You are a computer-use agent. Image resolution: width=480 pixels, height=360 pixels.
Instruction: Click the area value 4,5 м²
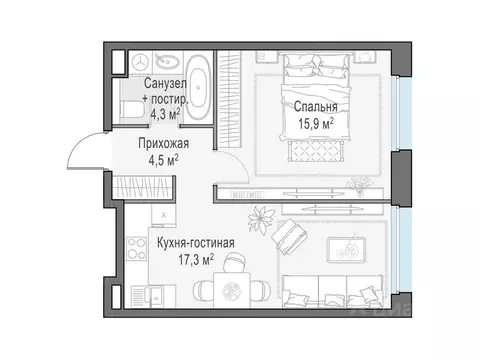click(x=163, y=159)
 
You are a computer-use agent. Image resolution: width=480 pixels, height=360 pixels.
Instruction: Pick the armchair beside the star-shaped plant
click(x=291, y=237)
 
